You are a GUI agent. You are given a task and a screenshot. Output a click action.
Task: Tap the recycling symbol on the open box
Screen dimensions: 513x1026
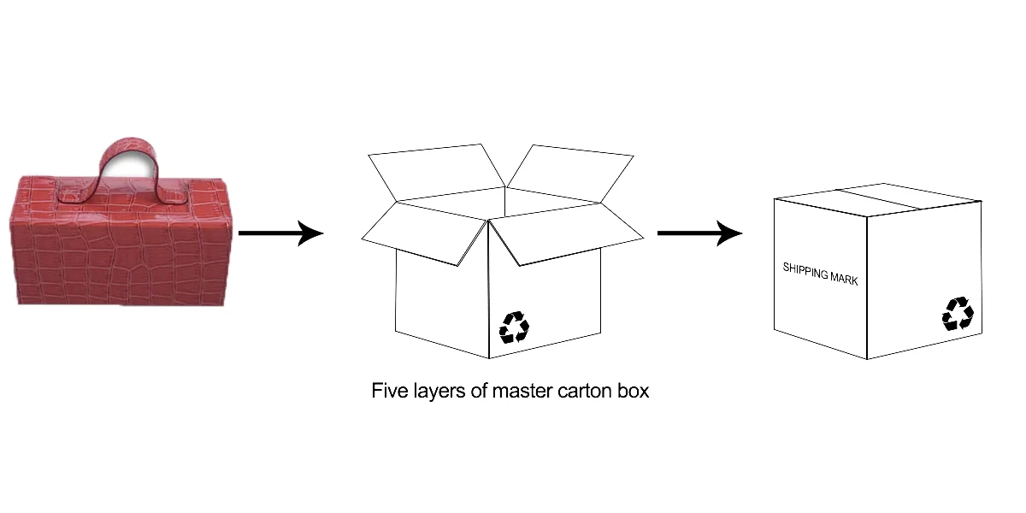514,327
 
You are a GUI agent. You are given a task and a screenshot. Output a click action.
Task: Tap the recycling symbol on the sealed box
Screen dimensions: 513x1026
957,314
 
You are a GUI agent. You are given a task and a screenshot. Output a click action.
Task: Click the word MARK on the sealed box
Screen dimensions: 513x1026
844,278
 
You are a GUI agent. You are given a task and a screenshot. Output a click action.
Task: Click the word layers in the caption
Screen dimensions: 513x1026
440,392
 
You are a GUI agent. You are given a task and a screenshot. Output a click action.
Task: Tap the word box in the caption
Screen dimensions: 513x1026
634,392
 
